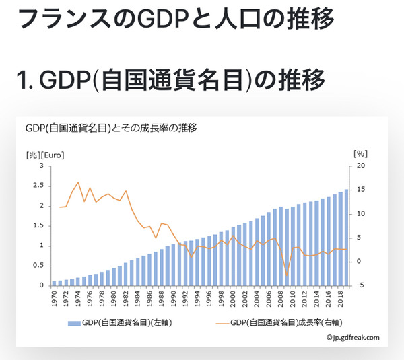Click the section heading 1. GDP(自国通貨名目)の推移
[x=171, y=81]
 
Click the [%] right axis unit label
[x=360, y=154]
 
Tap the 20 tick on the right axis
[x=360, y=166]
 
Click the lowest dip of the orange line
[x=287, y=275]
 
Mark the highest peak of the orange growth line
[x=78, y=182]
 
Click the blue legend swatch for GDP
[x=74, y=323]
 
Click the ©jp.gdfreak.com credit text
[x=353, y=338]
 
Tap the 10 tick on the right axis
[x=360, y=213]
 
